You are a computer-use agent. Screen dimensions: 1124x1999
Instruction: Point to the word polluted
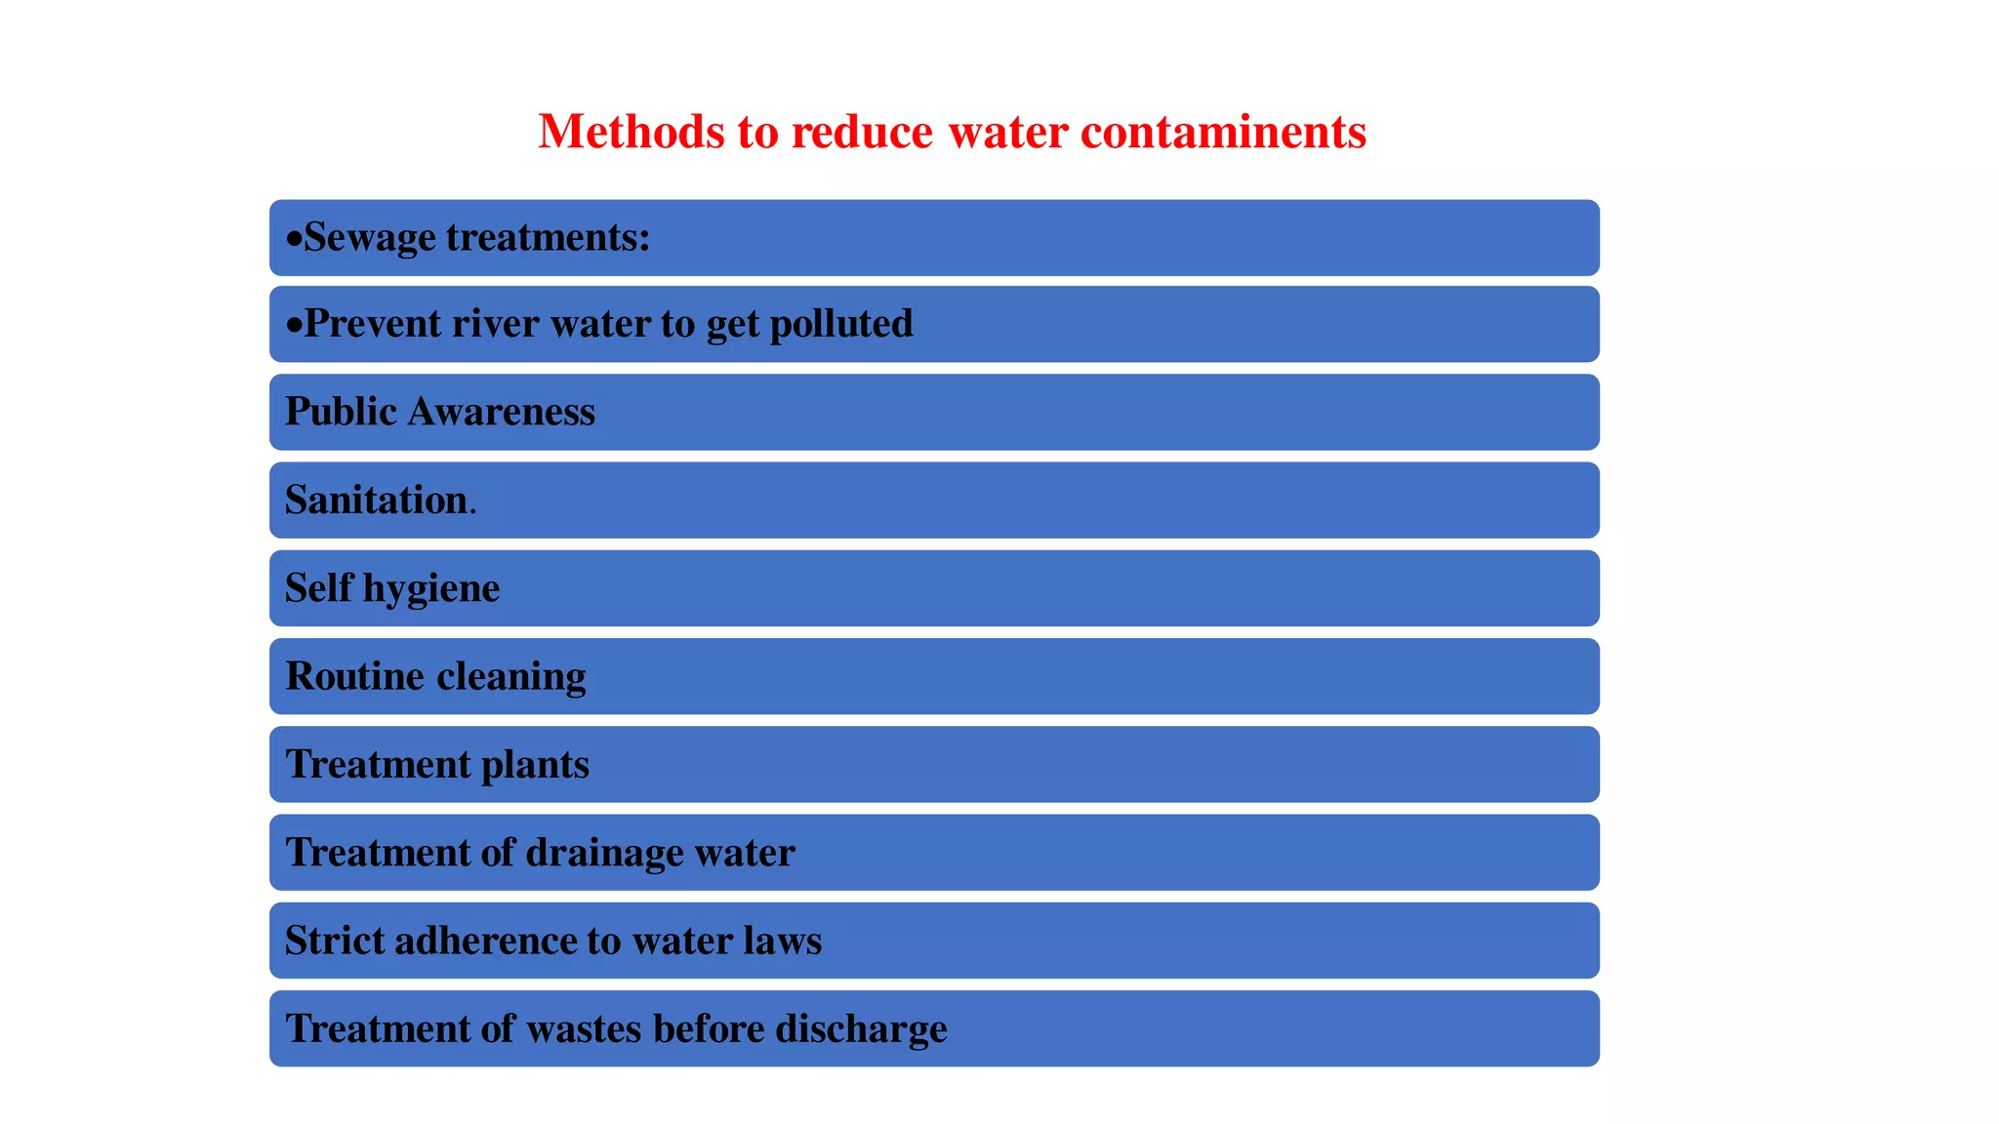tap(841, 324)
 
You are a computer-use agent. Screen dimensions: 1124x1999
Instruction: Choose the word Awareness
tap(501, 412)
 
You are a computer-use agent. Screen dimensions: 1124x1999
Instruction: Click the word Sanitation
tap(377, 500)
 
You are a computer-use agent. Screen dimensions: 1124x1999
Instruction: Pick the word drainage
tap(604, 853)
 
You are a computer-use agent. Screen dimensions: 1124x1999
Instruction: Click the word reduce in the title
tap(862, 132)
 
